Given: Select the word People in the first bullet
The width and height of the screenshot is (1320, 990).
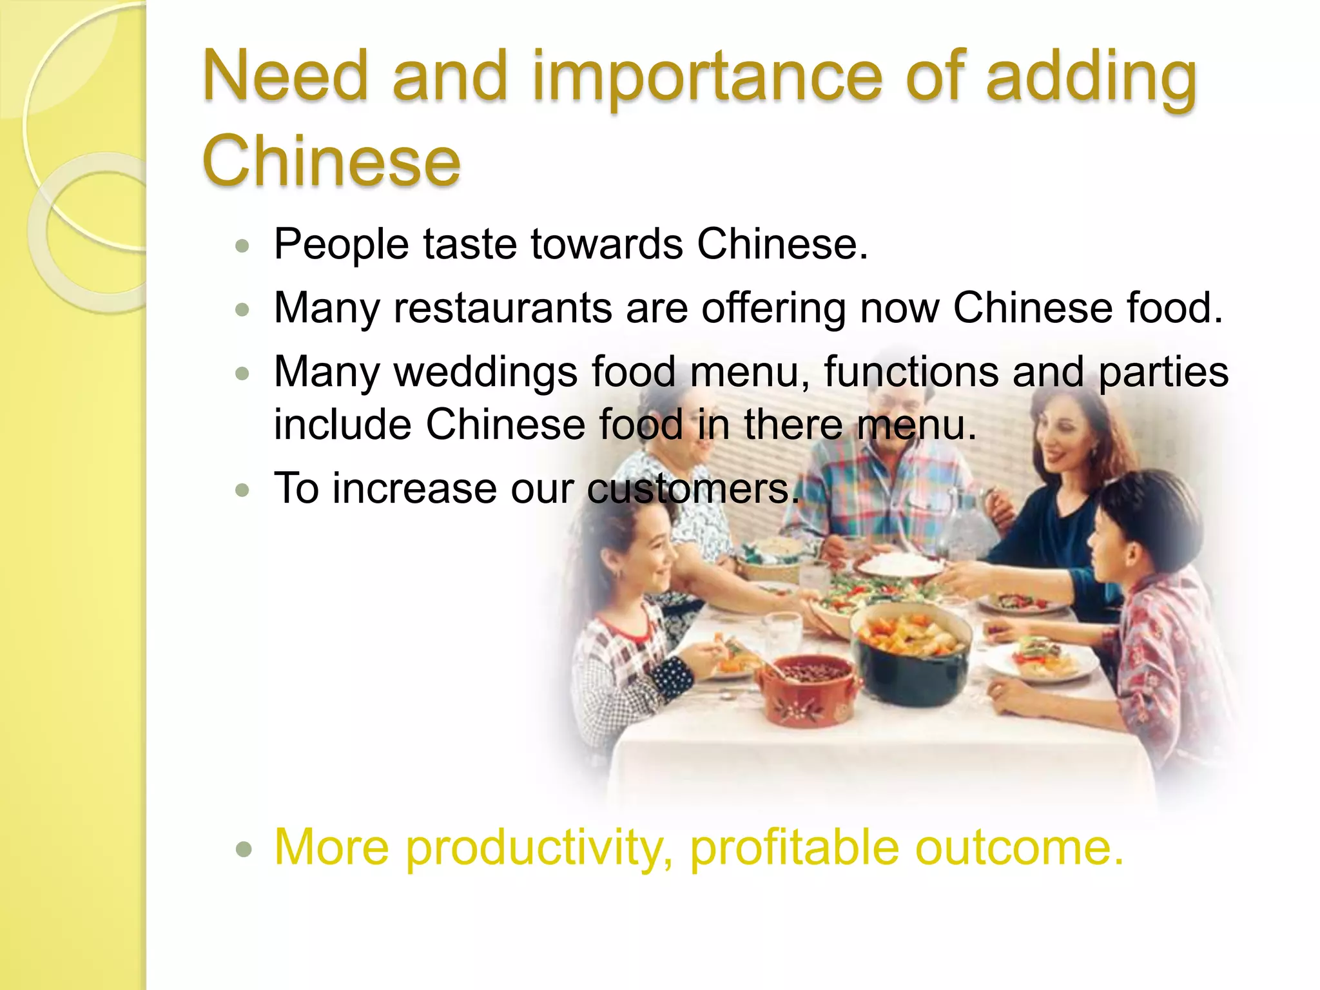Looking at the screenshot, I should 342,244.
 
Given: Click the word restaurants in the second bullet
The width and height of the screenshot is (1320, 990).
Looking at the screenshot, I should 503,307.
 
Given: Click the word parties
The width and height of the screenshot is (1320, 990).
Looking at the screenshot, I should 1163,373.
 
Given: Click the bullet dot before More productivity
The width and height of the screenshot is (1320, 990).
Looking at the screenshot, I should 243,849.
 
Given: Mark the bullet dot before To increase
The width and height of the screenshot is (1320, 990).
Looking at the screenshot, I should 243,490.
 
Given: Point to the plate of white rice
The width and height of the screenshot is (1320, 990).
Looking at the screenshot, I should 899,566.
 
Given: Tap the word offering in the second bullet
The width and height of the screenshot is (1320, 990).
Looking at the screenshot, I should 773,307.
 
